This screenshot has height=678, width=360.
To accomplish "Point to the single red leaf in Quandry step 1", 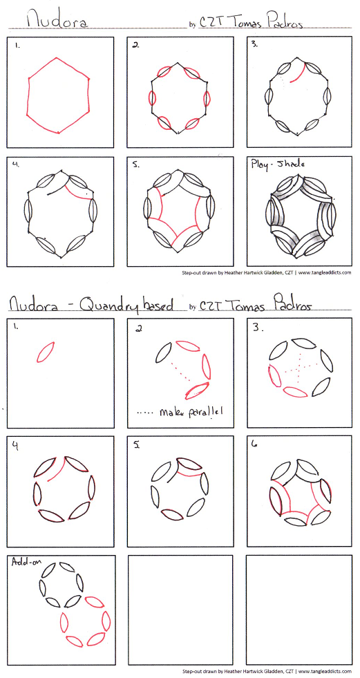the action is tap(46, 352).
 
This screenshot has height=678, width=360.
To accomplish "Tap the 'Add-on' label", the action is tap(23, 562).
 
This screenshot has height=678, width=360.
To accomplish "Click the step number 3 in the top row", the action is tap(255, 44).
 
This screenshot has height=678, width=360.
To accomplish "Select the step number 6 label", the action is tap(254, 444).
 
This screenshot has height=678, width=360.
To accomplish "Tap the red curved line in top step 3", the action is tap(299, 73).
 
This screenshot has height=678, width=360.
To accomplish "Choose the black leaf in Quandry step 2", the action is tap(163, 352).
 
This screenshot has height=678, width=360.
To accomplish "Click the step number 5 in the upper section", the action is tap(136, 164).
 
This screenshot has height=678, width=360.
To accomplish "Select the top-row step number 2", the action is tap(135, 44).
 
